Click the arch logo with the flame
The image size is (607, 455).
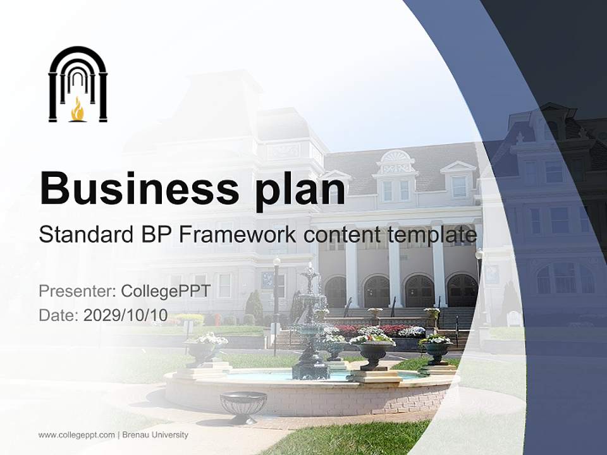coord(78,84)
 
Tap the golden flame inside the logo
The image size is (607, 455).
coord(78,109)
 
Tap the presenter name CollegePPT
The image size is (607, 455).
coord(165,291)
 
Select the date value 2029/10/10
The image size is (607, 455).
coord(126,315)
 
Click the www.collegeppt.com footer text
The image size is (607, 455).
coord(77,435)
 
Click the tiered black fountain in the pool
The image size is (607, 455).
coord(310,329)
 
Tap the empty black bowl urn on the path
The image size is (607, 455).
coord(243,404)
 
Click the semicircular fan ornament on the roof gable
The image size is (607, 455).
coord(396,157)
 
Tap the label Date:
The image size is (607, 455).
coord(58,315)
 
